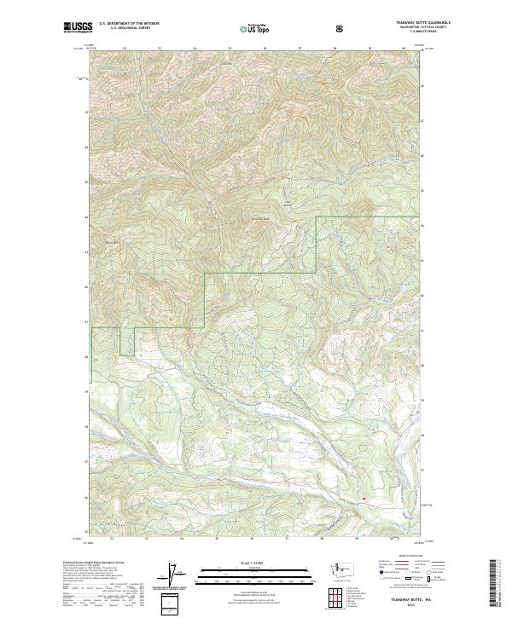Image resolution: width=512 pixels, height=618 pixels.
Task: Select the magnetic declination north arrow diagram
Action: pyautogui.click(x=179, y=575)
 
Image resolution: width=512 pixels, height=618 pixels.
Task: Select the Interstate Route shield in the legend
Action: pyautogui.click(x=381, y=579)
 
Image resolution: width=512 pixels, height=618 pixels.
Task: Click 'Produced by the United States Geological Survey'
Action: pyautogui.click(x=93, y=563)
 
